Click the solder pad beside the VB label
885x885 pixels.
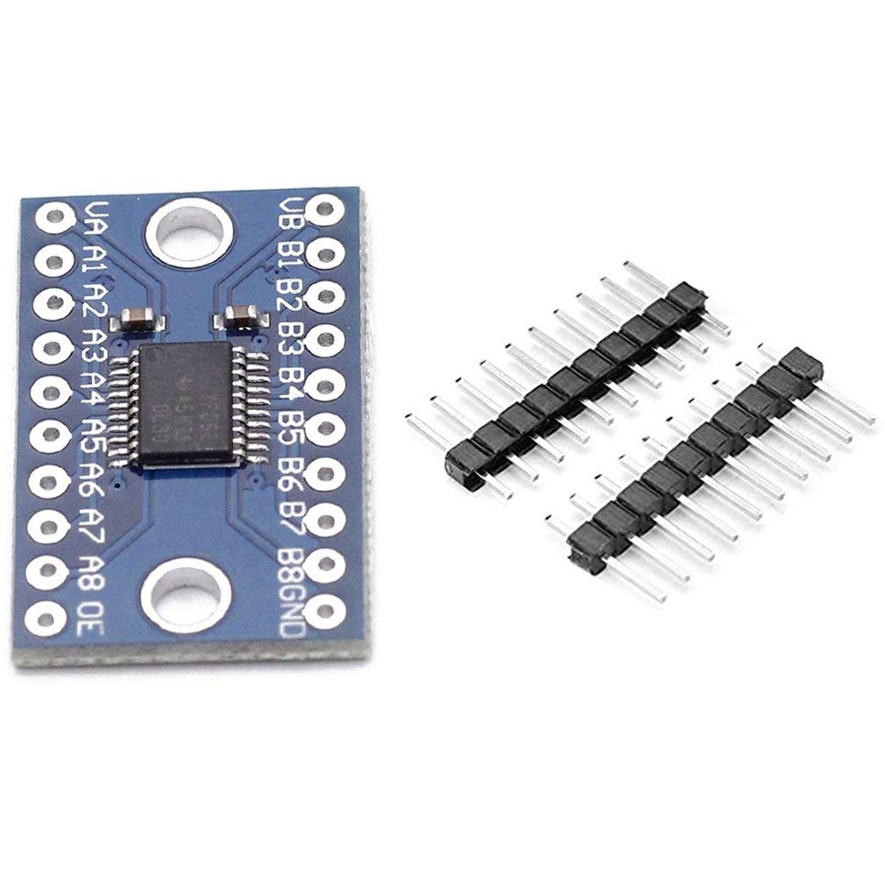point(324,209)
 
